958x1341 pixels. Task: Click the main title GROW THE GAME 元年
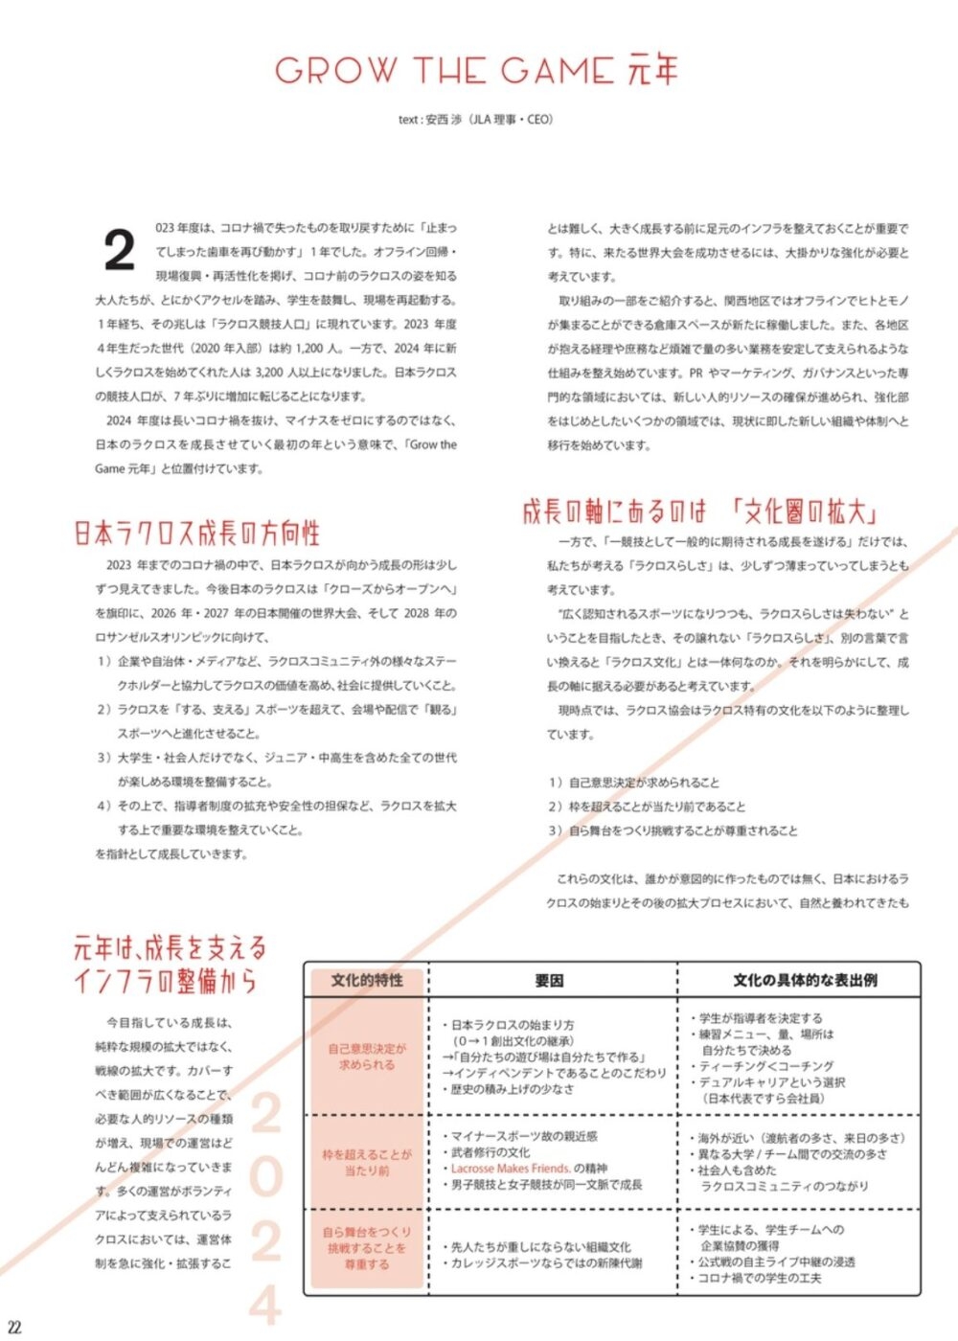[x=477, y=71]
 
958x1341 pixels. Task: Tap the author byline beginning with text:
[x=476, y=120]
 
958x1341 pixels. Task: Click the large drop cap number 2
[x=119, y=251]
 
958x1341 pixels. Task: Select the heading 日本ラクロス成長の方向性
[x=196, y=534]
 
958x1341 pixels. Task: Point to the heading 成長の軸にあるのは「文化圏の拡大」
[x=700, y=511]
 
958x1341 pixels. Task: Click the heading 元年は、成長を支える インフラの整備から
[x=169, y=965]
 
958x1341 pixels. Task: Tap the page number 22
[x=13, y=1328]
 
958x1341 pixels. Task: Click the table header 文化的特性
[x=367, y=980]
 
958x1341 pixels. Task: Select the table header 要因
[x=549, y=980]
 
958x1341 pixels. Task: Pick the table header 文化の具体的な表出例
[x=805, y=980]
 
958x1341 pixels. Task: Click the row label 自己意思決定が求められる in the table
[x=367, y=1057]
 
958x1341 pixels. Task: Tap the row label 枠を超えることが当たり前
[x=367, y=1163]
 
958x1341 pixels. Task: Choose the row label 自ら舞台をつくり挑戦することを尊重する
[x=367, y=1248]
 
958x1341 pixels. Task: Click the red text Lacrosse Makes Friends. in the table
[x=510, y=1169]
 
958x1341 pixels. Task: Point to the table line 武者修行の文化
[x=490, y=1152]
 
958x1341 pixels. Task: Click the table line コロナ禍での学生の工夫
[x=759, y=1278]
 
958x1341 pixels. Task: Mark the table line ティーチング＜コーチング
[x=766, y=1066]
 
